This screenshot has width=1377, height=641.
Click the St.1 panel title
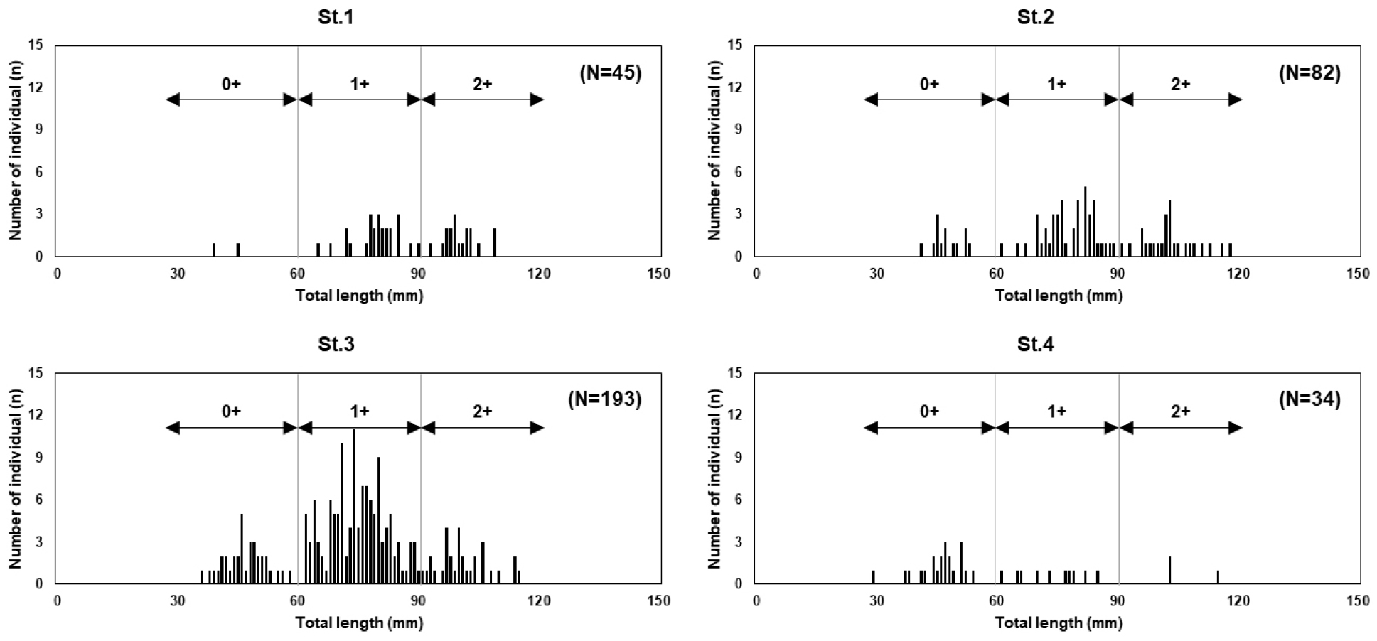[x=336, y=17]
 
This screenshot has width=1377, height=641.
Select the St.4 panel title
[x=1035, y=345]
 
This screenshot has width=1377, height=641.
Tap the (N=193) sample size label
[x=604, y=399]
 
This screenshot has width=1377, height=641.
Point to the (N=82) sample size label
[x=1309, y=72]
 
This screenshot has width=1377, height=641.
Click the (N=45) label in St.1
[x=610, y=72]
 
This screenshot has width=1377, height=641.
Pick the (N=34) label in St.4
[x=1309, y=399]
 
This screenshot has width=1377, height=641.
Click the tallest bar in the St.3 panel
[x=354, y=506]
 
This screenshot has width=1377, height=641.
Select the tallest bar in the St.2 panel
[x=1086, y=221]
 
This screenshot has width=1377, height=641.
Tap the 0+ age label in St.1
[x=232, y=84]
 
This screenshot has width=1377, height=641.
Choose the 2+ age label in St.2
[x=1180, y=84]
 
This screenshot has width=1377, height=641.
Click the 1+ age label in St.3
[x=360, y=411]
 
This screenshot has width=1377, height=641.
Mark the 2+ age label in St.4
[x=1180, y=411]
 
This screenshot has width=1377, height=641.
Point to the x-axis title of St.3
[x=359, y=623]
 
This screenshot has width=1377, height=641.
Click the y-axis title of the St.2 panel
[x=715, y=150]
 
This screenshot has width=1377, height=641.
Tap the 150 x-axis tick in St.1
[x=659, y=274]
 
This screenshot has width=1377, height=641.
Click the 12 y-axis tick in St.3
[x=36, y=415]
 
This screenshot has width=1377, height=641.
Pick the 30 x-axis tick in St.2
[x=877, y=274]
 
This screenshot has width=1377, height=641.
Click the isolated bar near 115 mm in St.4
[x=1218, y=576]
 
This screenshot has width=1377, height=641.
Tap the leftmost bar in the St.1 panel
[x=214, y=249]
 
